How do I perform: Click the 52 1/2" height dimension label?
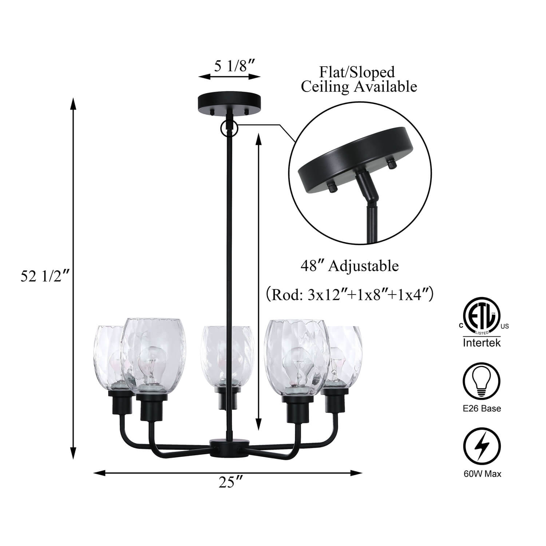coord(45,277)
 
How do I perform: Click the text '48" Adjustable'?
coord(349,266)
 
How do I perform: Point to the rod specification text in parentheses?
coord(349,294)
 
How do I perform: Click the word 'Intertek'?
coord(482,343)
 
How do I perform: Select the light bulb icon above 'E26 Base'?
coord(482,381)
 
